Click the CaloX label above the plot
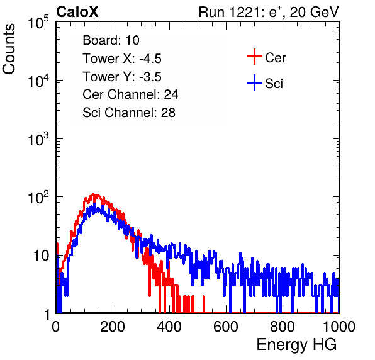coord(77,11)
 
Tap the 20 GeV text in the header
coord(314,12)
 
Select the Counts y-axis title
coord(9,49)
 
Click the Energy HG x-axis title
coord(296,344)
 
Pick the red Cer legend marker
coord(254,57)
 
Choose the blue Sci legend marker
coord(254,82)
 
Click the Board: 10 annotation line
coord(111,40)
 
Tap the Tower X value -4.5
coord(150,59)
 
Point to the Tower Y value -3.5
coord(150,77)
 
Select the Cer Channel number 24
coord(171,94)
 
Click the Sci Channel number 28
coord(168,113)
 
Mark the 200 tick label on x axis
coord(113,327)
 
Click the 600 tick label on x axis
coord(226,327)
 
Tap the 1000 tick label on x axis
coord(339,327)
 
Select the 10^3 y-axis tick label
coord(38,139)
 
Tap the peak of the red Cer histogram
coord(94,194)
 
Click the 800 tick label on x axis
coord(283,327)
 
